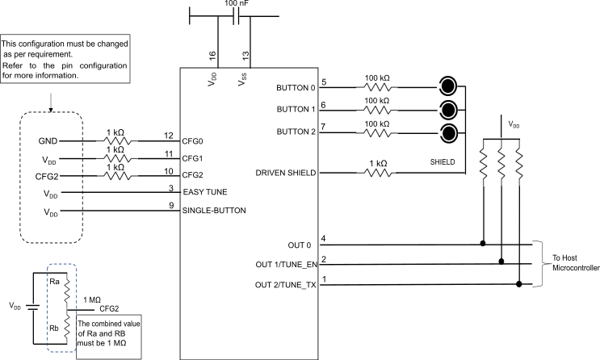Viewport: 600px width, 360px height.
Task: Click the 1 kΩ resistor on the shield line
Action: pyautogui.click(x=377, y=172)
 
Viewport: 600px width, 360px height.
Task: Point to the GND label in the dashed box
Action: pyautogui.click(x=48, y=140)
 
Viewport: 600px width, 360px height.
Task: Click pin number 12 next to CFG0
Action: pyautogui.click(x=168, y=135)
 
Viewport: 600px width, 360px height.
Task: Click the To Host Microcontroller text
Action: pyautogui.click(x=575, y=262)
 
